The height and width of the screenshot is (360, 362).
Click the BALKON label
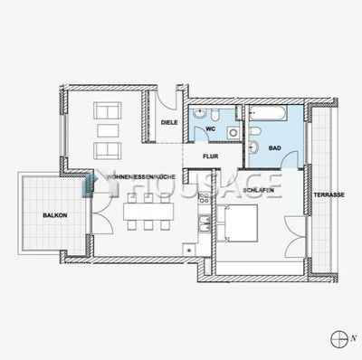pos(55,215)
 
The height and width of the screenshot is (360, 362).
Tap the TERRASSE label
pos(329,195)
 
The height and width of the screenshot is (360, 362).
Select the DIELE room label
pos(169,123)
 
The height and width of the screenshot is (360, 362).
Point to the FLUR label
pos(211,156)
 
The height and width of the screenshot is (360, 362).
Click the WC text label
pos(211,129)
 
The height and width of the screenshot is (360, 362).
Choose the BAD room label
pos(275,148)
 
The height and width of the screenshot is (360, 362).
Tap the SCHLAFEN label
pos(258,190)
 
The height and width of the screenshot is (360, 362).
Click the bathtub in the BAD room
pos(268,113)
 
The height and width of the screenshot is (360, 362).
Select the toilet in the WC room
pos(215,115)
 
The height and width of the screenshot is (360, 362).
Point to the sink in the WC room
pos(199,114)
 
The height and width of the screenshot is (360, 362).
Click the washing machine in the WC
pos(233,132)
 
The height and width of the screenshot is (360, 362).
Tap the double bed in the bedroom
pos(237,223)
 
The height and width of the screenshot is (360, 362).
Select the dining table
pos(148,212)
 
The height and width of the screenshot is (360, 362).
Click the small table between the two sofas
pos(108,131)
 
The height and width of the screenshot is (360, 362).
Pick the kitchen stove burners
pos(205,198)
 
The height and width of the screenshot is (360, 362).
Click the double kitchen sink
pos(205,223)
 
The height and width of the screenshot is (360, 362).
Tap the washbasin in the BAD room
pos(253,147)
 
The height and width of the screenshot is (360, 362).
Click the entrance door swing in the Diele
pos(167,100)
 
